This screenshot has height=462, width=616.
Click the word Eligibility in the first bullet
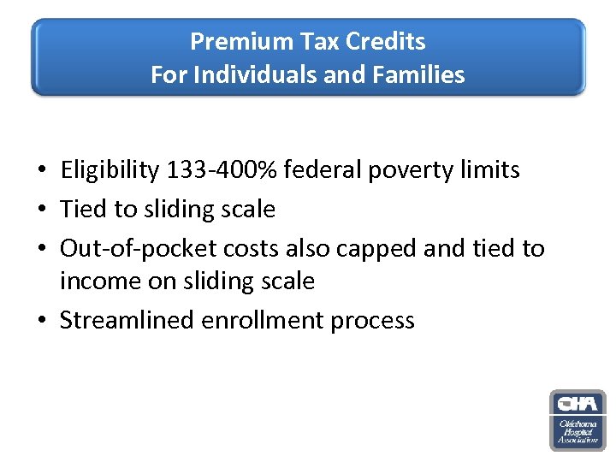[x=110, y=170]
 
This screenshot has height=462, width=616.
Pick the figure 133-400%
[x=224, y=170]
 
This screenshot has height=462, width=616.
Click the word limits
[x=489, y=170]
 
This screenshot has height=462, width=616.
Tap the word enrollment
[x=263, y=321]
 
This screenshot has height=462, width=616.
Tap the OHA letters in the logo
[x=577, y=404]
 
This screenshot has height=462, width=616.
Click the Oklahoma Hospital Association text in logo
[x=577, y=431]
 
